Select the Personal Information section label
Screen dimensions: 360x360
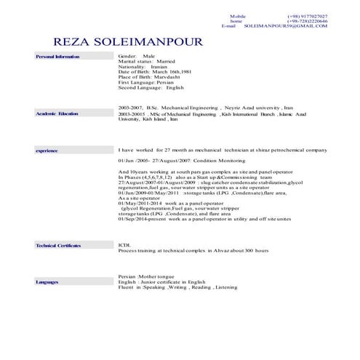[57, 56]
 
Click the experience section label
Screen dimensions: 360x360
[47, 150]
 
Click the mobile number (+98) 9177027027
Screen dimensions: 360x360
[307, 16]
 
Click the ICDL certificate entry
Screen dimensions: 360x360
[124, 246]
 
